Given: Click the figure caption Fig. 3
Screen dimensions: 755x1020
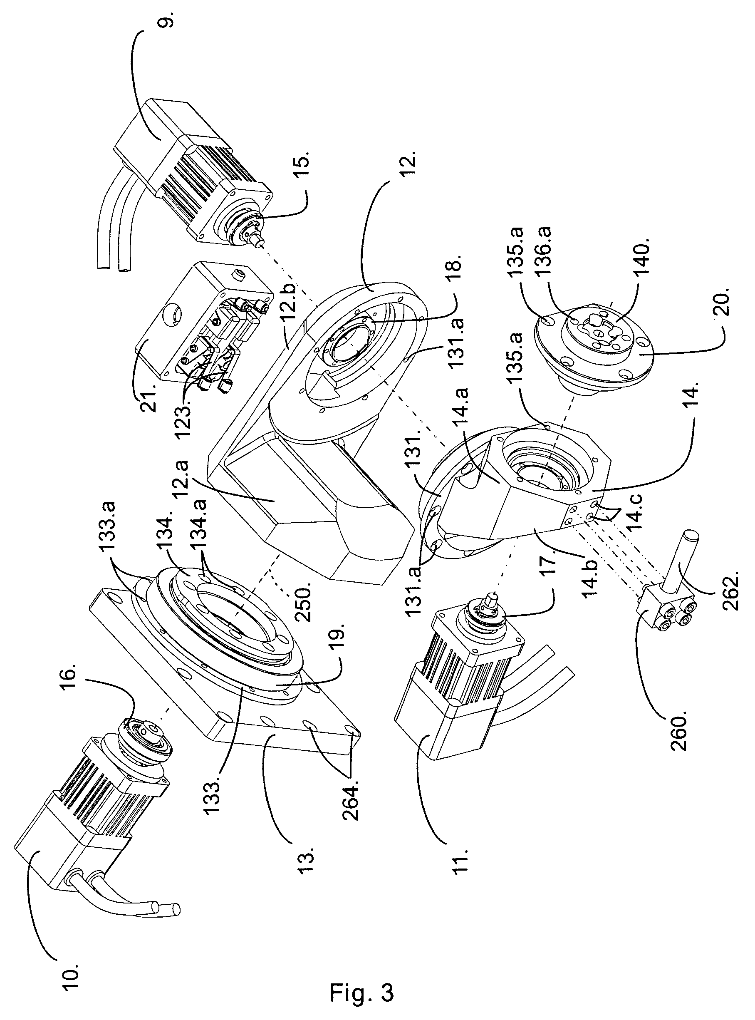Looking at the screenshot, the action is click(361, 990).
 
